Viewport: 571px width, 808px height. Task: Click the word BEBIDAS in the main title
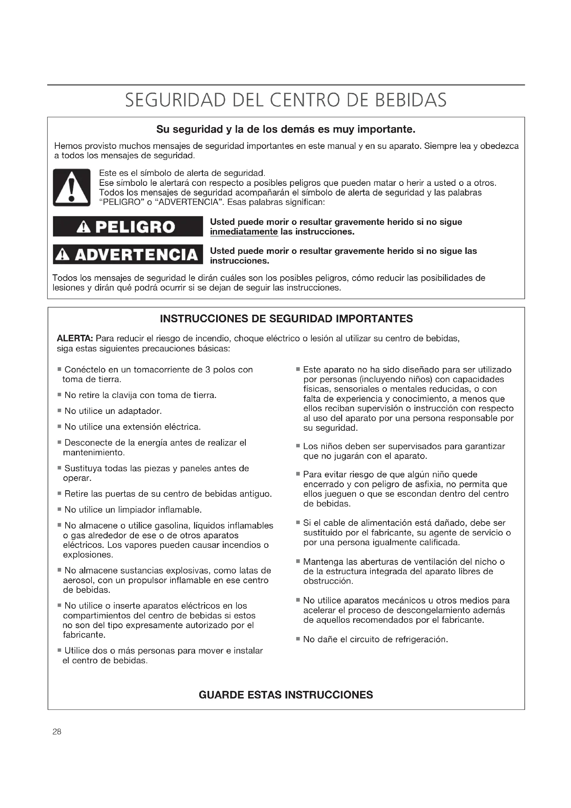pos(410,100)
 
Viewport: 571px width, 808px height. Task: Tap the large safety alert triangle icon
pos(72,188)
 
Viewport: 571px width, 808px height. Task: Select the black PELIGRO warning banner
pos(128,227)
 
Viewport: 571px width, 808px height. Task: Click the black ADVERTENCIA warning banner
pos(128,255)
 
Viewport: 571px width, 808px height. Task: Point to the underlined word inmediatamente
pos(244,232)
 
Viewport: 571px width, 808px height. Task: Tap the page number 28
pos(57,732)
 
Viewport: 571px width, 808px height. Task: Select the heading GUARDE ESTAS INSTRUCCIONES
pos(286,695)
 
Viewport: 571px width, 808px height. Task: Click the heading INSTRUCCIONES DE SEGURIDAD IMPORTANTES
pos(286,319)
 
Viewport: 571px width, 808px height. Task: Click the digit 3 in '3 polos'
pos(207,370)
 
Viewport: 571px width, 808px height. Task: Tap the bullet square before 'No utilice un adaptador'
pos(59,411)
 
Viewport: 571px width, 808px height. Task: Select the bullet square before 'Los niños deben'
pos(298,446)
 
